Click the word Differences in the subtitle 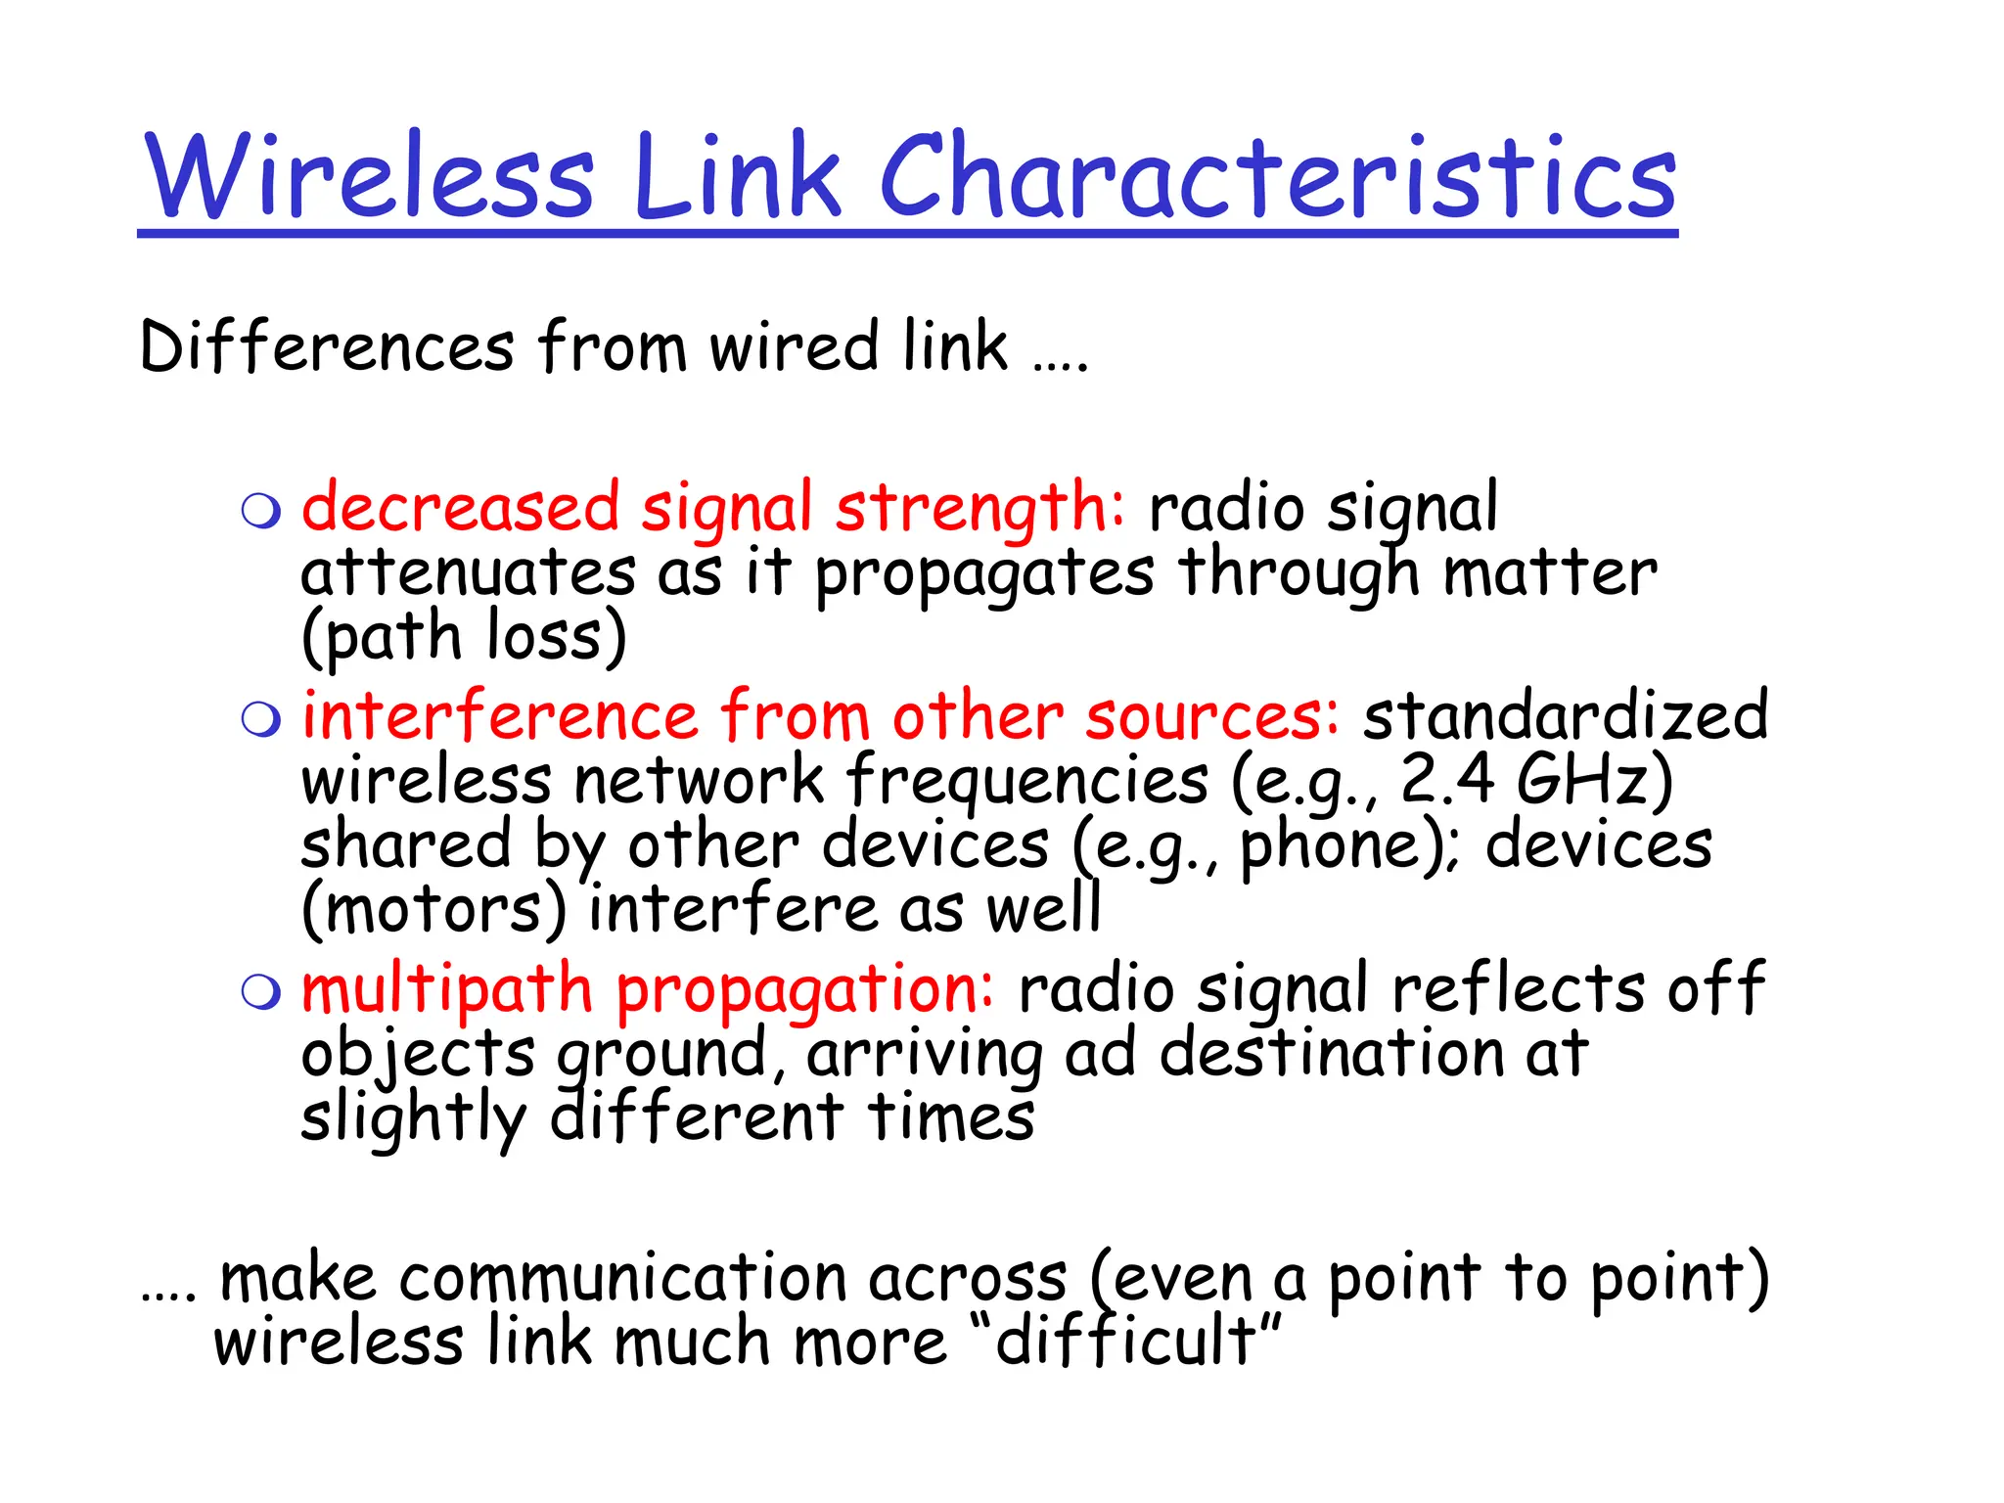click(x=327, y=346)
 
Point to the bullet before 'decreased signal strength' click(x=261, y=511)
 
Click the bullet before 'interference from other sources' click(x=261, y=719)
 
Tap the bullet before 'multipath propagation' click(x=261, y=991)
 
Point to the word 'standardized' click(x=1566, y=715)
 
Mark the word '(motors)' click(x=433, y=910)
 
